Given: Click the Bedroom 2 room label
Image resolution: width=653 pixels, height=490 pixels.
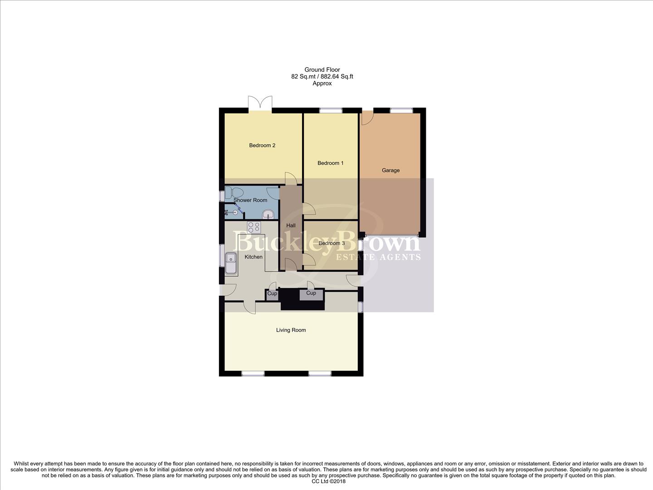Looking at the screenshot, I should [262, 146].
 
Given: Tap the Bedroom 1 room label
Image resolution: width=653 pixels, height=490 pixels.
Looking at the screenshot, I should [330, 163].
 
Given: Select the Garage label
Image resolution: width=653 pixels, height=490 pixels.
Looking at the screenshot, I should [390, 171].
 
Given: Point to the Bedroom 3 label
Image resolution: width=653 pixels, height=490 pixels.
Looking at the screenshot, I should [331, 244].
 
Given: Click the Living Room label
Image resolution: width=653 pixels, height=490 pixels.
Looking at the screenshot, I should [291, 330].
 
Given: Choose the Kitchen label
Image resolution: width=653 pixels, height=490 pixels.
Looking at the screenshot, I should [253, 257].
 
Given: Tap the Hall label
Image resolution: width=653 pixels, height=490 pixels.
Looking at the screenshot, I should [291, 225].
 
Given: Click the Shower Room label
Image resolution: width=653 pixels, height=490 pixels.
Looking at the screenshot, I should [250, 200].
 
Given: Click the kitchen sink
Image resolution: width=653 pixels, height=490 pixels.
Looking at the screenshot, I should [231, 263].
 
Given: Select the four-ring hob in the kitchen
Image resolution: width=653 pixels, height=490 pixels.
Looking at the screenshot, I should [254, 227].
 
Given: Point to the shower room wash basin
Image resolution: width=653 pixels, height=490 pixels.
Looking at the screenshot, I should [268, 214].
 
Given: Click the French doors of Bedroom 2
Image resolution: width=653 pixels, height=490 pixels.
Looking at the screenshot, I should [260, 103].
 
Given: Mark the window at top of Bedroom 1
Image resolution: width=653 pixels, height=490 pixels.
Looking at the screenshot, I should [331, 110].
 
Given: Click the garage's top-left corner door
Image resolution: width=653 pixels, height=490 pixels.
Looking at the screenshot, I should [366, 117].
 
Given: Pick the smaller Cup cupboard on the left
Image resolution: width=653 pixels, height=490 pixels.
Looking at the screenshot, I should [272, 294].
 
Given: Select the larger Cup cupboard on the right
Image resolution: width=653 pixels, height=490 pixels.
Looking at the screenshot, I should [311, 294].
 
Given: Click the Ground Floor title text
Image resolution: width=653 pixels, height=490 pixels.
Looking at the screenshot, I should [322, 70].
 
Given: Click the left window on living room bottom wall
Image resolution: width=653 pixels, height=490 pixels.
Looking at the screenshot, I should [253, 373].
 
